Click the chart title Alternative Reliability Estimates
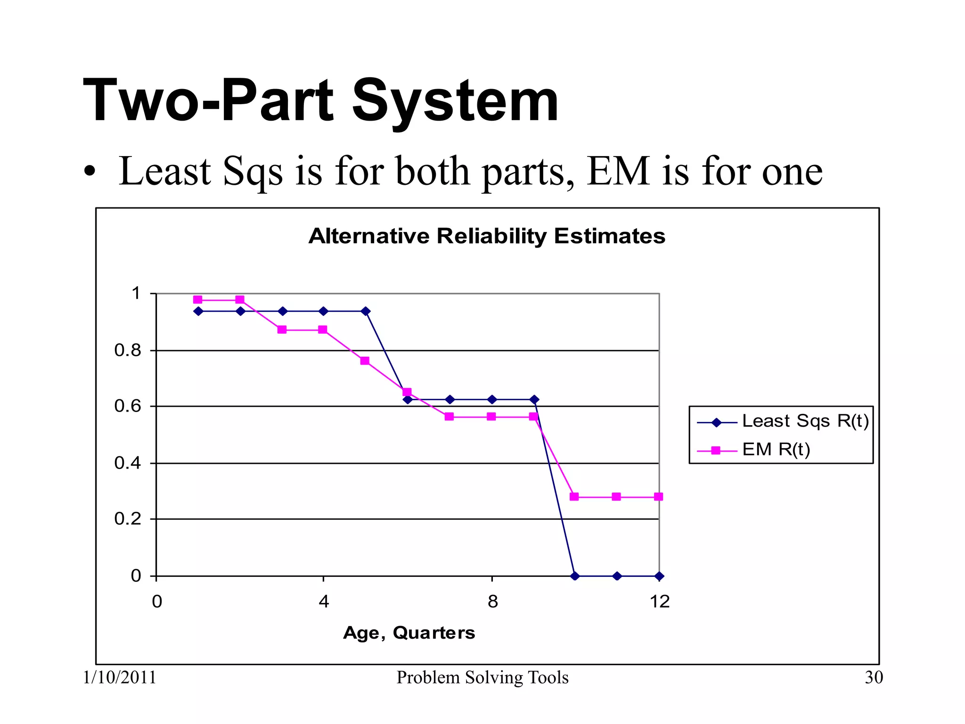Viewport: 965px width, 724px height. pyautogui.click(x=487, y=236)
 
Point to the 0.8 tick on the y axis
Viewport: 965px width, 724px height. pyautogui.click(x=128, y=350)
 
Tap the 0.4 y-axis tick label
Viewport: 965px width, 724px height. pyautogui.click(x=128, y=463)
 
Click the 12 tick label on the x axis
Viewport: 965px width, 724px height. pyautogui.click(x=659, y=602)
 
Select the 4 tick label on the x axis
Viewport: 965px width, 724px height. pyautogui.click(x=324, y=602)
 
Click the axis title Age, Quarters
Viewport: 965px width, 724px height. pyautogui.click(x=409, y=633)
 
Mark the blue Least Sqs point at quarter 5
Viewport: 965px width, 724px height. pyautogui.click(x=366, y=311)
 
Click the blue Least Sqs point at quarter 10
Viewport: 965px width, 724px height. pyautogui.click(x=574, y=576)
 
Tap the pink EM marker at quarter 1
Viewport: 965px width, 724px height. pyautogui.click(x=198, y=300)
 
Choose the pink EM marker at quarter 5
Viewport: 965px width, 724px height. pyautogui.click(x=365, y=361)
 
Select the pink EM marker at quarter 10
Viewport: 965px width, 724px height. pyautogui.click(x=574, y=497)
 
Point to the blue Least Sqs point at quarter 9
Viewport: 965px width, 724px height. pyautogui.click(x=534, y=400)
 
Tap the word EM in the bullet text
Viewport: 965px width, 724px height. pyautogui.click(x=618, y=172)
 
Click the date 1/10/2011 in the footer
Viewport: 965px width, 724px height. pyautogui.click(x=120, y=678)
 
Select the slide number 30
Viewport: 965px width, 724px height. pyautogui.click(x=874, y=678)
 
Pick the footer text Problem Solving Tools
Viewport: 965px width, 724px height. pyautogui.click(x=482, y=678)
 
